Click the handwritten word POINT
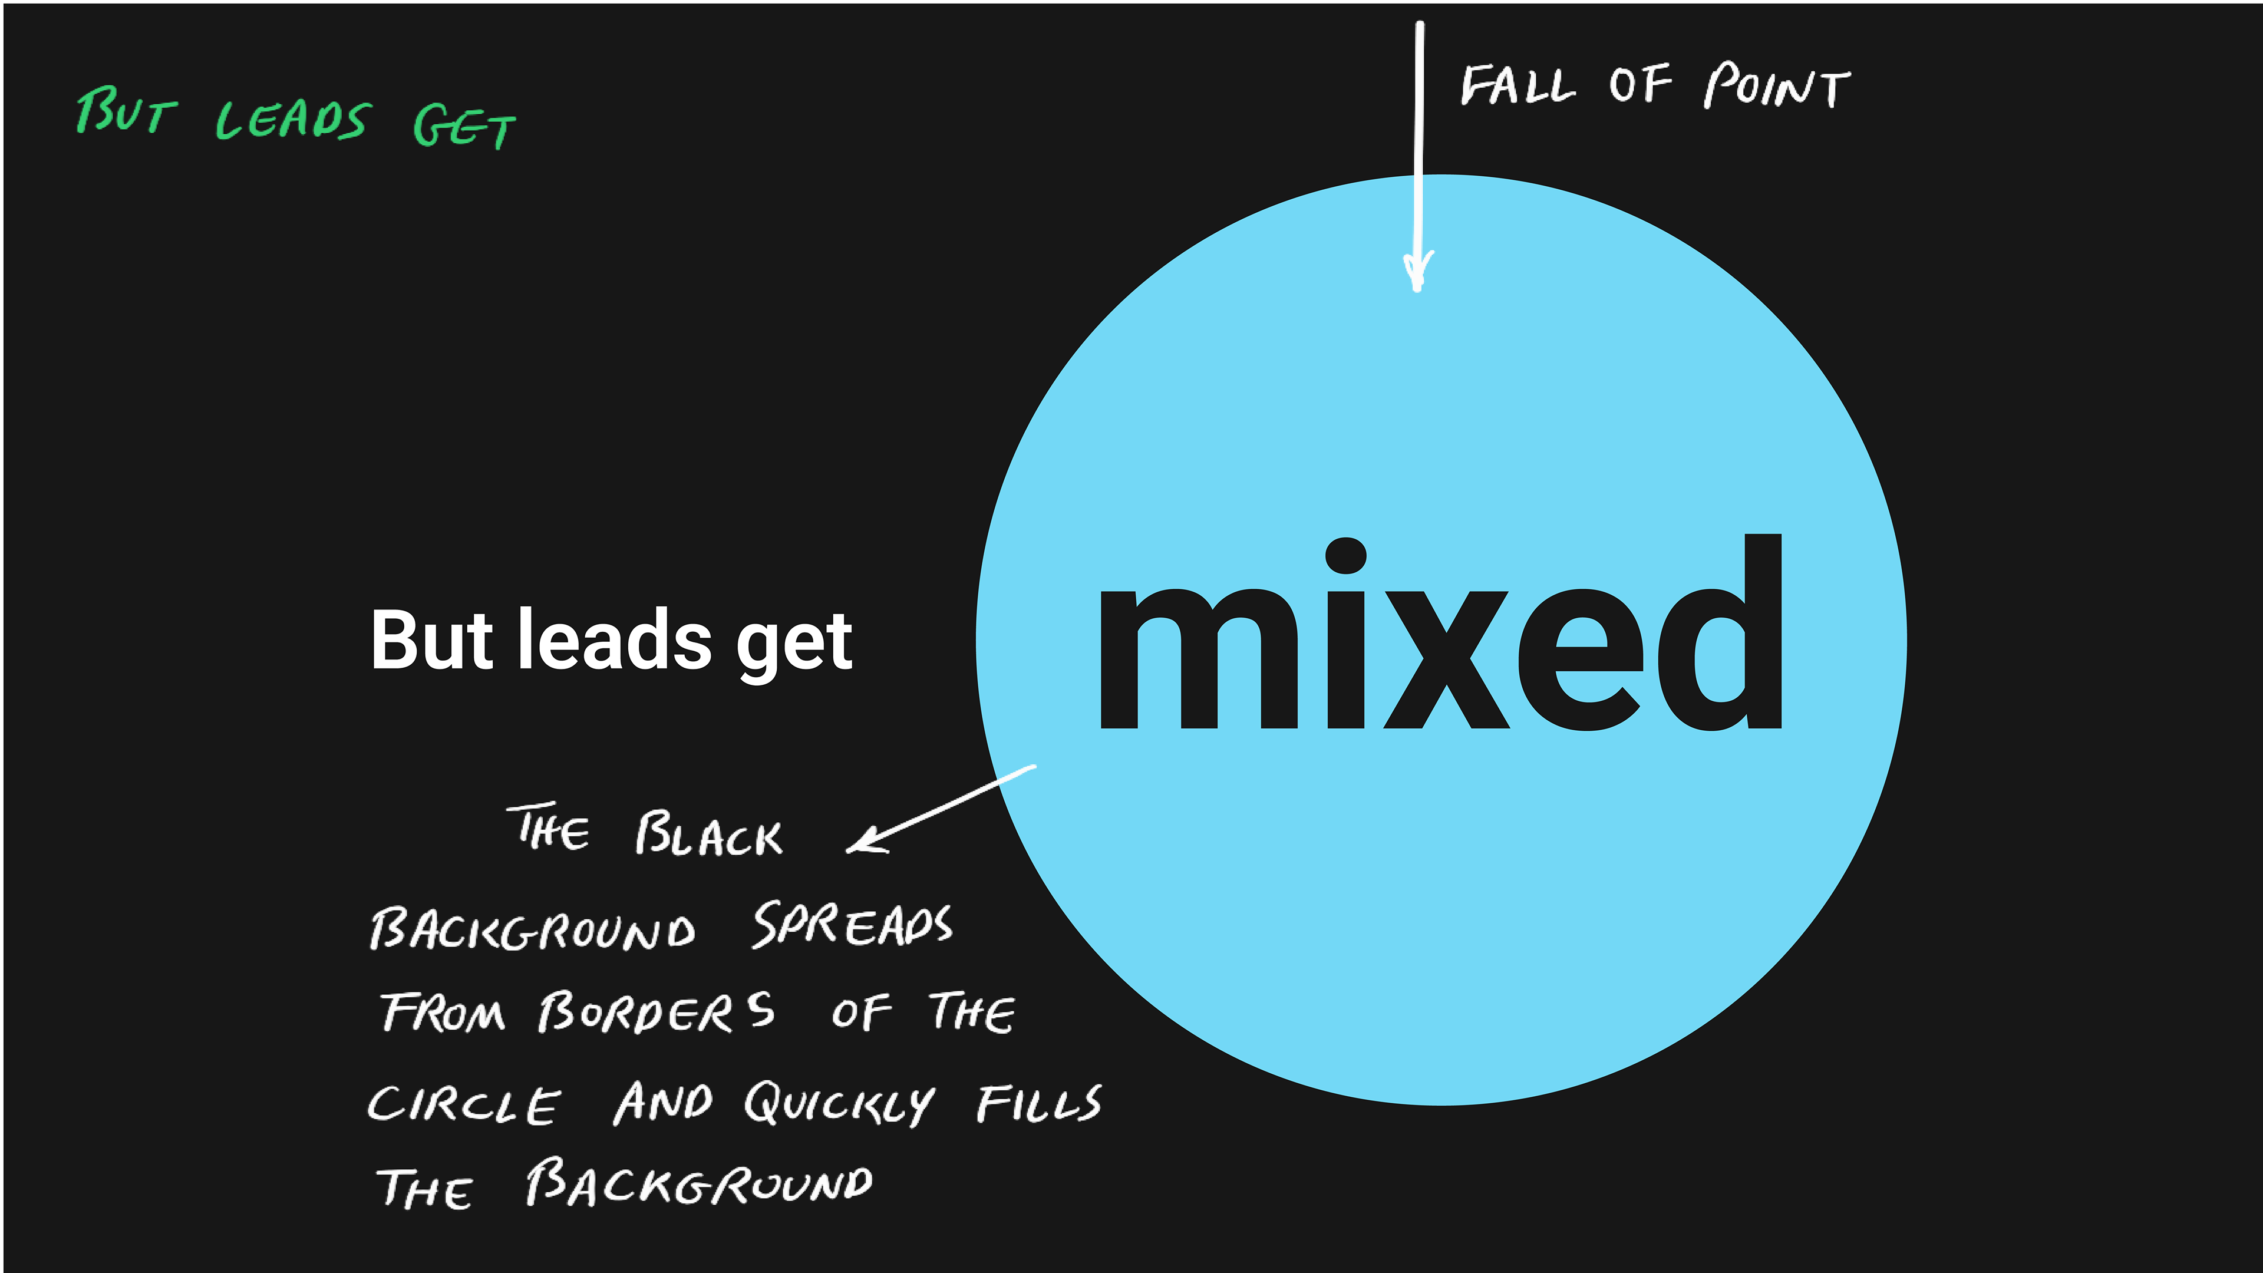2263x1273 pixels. tap(1776, 86)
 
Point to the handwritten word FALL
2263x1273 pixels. tap(1517, 86)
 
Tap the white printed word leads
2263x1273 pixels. tap(614, 639)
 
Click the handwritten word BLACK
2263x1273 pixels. tap(708, 835)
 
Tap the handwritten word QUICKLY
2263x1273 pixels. tap(839, 1103)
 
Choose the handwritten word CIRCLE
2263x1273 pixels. tap(463, 1104)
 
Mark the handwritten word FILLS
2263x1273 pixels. tap(1038, 1103)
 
